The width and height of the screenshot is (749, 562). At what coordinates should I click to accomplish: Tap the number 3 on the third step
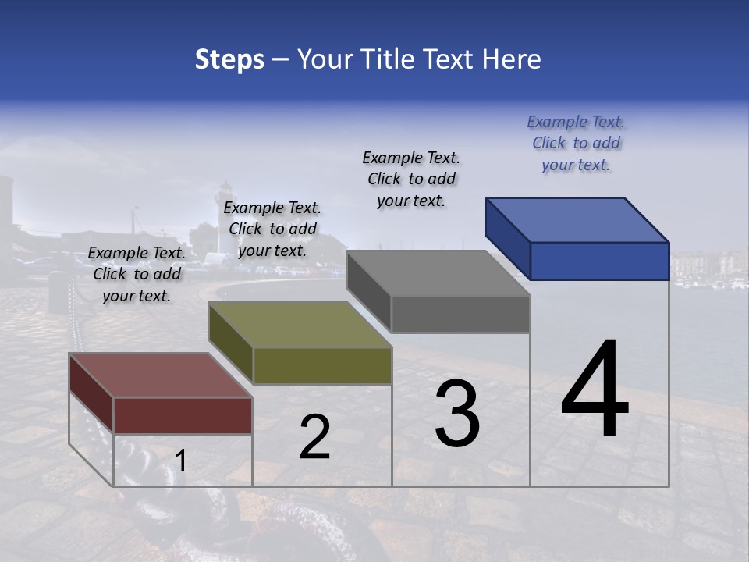[x=457, y=414]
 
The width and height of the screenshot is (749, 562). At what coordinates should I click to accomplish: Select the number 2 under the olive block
[x=315, y=437]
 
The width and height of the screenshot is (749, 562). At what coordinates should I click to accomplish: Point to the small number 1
[x=181, y=461]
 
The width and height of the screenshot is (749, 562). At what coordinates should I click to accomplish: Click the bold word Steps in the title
[x=229, y=59]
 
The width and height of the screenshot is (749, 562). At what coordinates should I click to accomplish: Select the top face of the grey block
[x=437, y=273]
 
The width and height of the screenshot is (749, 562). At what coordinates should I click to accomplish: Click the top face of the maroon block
[x=159, y=375]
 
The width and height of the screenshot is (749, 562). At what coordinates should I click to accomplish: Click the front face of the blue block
[x=599, y=261]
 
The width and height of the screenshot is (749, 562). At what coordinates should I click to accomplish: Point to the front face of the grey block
[x=460, y=314]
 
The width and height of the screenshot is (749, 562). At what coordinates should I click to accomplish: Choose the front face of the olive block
[x=322, y=365]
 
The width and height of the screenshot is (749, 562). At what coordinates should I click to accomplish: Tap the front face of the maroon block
[x=183, y=415]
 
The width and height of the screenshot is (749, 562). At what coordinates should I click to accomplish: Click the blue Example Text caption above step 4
[x=576, y=143]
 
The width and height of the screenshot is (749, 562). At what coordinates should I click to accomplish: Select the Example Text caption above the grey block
[x=411, y=179]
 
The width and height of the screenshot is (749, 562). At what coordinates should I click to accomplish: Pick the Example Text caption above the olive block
[x=272, y=229]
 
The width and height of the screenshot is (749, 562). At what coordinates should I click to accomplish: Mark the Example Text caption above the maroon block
[x=137, y=274]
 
